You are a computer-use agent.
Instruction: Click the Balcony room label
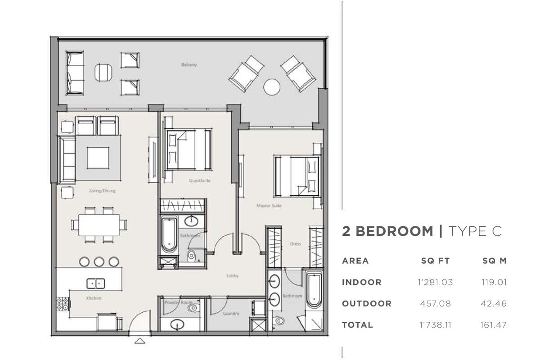[x=189, y=65]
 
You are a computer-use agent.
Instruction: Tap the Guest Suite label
[x=200, y=180]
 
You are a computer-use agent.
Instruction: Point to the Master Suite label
[x=269, y=206]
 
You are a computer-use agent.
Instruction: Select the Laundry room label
[x=231, y=314]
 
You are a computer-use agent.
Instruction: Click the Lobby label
[x=232, y=275]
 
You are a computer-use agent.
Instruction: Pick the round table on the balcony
[x=272, y=87]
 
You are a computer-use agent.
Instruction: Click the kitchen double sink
[x=96, y=283]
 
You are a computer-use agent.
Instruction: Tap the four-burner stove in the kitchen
[x=63, y=304]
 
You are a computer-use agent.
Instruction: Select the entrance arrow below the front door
[x=140, y=341]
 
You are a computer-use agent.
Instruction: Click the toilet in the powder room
[x=193, y=308]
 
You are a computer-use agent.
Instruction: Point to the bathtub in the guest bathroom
[x=169, y=234]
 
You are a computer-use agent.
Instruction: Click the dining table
[x=99, y=225]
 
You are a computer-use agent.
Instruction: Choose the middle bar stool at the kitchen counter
[x=99, y=261]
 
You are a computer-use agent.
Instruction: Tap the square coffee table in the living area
[x=98, y=158]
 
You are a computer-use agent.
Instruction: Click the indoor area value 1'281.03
[x=435, y=282]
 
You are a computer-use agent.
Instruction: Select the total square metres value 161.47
[x=494, y=325]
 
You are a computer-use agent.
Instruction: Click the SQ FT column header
[x=436, y=261]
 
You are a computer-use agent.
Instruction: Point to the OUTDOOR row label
[x=367, y=303]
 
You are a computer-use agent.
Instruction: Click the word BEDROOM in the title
[x=394, y=231]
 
